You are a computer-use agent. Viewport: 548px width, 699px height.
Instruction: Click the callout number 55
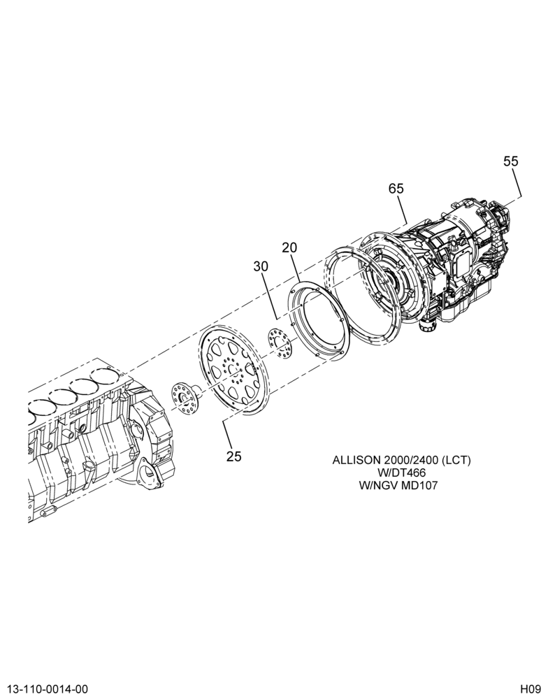coord(511,161)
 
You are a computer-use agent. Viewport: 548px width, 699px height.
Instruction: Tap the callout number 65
coord(396,189)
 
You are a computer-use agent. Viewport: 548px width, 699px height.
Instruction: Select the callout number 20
coord(289,247)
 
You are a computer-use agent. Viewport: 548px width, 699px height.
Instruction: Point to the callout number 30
coord(261,266)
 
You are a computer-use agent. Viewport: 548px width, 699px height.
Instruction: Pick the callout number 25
coord(233,456)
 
